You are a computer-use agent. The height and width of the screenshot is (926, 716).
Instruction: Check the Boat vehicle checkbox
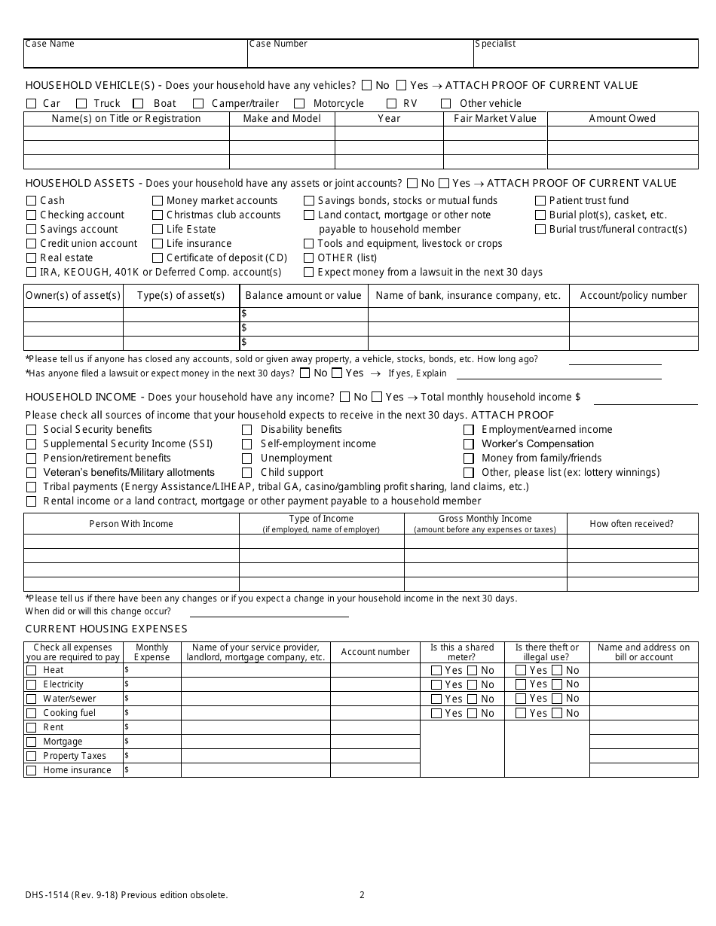139,104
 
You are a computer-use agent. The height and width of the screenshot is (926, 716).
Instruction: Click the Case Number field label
278,44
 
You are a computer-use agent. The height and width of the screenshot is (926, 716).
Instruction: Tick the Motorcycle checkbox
299,104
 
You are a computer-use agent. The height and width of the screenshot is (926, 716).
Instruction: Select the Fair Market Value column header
495,118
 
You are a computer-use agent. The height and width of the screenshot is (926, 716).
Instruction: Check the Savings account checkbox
31,230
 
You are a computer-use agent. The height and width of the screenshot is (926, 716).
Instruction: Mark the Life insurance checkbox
158,244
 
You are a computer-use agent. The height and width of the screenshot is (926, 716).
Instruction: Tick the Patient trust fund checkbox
540,201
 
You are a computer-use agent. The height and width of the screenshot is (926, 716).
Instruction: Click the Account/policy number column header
633,295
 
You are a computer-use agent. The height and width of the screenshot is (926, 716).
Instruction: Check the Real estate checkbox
31,258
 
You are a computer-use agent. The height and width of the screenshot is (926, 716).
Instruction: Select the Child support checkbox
246,473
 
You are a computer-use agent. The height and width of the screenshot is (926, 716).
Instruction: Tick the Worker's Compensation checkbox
468,444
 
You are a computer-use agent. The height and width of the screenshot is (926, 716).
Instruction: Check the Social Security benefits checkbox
31,430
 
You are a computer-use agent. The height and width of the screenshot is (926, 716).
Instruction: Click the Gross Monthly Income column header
485,523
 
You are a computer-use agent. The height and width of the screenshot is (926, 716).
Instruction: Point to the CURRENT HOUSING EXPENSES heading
106,629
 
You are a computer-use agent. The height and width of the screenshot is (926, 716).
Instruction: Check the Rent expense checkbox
31,727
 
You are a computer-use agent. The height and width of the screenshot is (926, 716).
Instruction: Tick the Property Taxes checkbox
31,756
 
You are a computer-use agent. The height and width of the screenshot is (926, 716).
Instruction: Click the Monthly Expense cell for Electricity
151,684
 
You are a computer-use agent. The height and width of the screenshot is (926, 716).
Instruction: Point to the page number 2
362,895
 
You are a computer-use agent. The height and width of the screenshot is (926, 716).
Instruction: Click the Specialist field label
495,44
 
